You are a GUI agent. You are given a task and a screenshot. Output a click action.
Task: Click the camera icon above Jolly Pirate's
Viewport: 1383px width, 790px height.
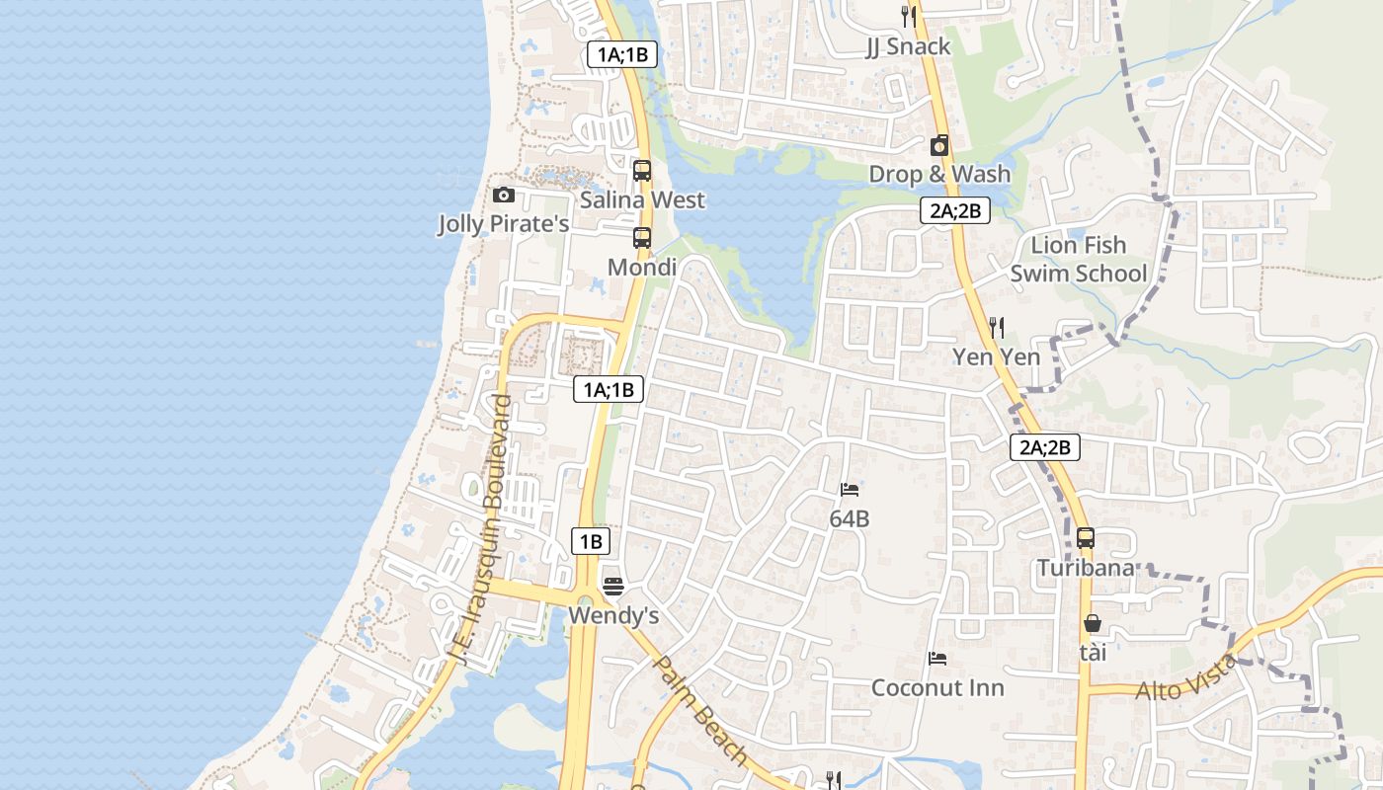pos(504,195)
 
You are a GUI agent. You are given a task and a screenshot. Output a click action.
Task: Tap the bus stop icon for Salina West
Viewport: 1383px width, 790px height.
pos(642,170)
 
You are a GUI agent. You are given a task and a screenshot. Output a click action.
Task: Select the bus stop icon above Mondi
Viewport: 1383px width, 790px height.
pos(642,237)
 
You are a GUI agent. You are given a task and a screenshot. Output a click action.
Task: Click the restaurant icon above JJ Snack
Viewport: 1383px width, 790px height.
pos(909,16)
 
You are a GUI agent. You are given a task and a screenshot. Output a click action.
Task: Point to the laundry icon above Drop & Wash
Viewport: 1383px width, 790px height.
pos(939,145)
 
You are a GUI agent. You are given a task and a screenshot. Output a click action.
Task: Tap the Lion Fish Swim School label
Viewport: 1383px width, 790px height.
pos(1078,259)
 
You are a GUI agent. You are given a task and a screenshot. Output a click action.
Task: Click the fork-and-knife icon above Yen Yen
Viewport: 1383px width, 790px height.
pos(997,327)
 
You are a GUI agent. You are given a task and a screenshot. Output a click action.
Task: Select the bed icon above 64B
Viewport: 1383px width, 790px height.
pos(850,489)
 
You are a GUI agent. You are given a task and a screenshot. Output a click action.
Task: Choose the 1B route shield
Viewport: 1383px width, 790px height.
pos(590,541)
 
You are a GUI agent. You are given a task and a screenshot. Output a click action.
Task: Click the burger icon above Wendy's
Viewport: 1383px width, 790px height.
pos(613,587)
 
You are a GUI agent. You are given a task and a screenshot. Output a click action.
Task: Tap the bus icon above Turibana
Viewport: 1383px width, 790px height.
pos(1086,538)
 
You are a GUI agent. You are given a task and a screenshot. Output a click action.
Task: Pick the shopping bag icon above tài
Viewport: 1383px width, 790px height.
pos(1093,623)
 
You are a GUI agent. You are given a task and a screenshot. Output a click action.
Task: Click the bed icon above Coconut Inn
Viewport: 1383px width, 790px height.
pos(937,658)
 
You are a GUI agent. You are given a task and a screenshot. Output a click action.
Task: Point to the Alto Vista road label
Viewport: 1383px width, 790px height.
pos(1185,678)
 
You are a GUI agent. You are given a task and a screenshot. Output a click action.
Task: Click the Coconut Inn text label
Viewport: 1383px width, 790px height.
pos(937,688)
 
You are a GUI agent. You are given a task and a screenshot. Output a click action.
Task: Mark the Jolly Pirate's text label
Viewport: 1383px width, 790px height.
pos(504,224)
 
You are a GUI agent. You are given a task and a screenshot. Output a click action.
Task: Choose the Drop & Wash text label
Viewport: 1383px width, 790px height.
pos(939,175)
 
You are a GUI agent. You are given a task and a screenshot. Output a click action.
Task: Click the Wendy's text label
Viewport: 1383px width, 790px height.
pos(613,616)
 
